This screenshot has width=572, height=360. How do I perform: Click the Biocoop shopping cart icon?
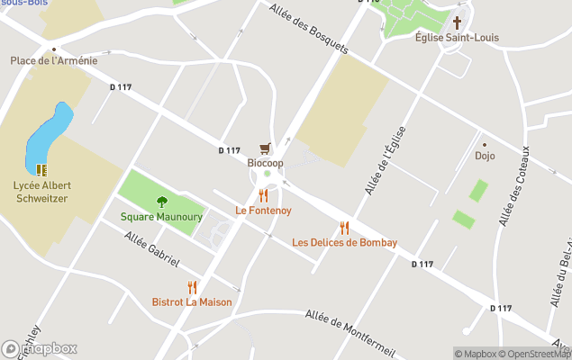point(265,148)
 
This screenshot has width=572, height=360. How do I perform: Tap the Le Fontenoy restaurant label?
point(263,211)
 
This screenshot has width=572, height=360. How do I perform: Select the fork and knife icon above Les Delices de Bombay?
point(344,228)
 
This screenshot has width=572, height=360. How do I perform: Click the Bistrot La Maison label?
point(192,302)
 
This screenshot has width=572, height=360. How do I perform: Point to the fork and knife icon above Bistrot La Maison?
point(192,287)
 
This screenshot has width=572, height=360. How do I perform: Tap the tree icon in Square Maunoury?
point(162,202)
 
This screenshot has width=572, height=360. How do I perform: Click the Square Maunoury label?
point(162,217)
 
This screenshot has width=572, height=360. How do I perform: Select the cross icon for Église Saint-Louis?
point(457,22)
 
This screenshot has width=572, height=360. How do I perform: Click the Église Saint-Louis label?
point(457,38)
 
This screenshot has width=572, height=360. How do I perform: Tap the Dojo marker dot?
point(485,144)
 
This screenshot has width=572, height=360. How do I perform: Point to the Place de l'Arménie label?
point(54,61)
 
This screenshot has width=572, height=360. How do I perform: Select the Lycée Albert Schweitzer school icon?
point(41,169)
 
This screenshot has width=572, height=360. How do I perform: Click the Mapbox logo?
point(40,348)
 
